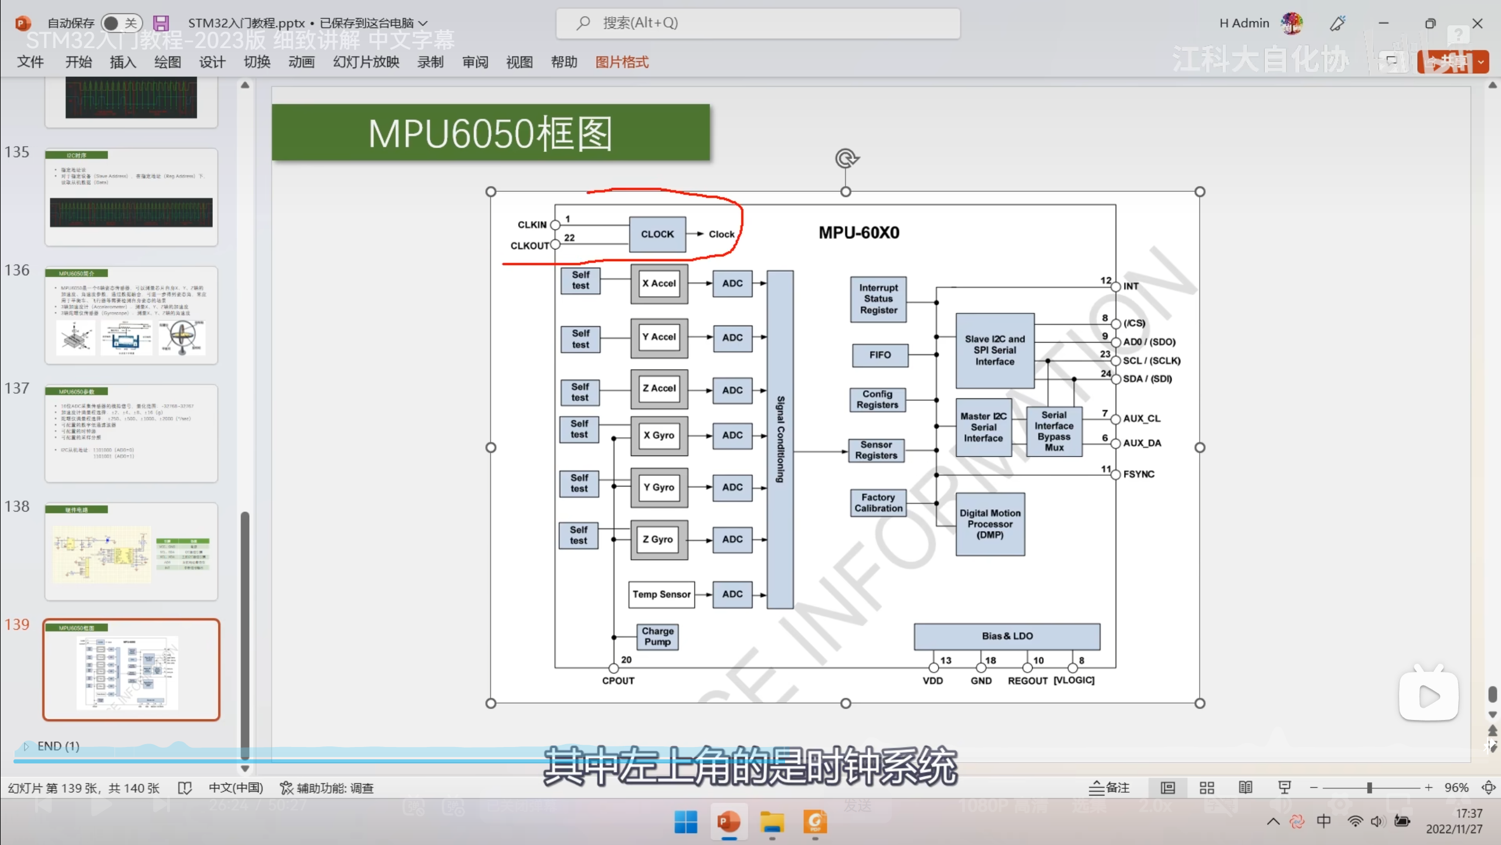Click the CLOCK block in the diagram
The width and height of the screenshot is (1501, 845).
coord(657,234)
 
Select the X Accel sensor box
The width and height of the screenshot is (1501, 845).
coord(659,283)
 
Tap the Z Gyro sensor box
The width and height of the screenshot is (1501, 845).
coord(658,539)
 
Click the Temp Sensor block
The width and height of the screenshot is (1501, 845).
coord(661,594)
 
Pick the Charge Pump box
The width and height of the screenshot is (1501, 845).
coord(657,637)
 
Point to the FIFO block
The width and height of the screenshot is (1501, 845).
coord(879,355)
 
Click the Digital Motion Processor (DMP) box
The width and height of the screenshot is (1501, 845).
coord(990,524)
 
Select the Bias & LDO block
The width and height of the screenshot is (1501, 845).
coord(1007,636)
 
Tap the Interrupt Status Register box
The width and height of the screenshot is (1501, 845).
coord(878,299)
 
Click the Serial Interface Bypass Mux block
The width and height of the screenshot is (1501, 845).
coord(1054,431)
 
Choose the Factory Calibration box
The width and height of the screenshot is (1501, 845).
coord(878,503)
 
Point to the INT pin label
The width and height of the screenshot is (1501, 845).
coord(1131,286)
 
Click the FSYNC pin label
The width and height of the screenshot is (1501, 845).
coord(1139,474)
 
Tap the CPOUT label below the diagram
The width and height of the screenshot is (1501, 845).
coord(618,681)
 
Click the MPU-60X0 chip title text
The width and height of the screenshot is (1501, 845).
coord(859,233)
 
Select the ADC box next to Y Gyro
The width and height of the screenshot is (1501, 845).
coord(732,488)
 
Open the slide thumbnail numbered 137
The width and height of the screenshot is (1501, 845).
coord(131,433)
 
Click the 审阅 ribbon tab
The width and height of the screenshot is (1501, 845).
coord(475,62)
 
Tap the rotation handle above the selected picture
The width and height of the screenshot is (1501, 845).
coord(846,158)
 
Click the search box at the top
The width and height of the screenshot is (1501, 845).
coord(758,23)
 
